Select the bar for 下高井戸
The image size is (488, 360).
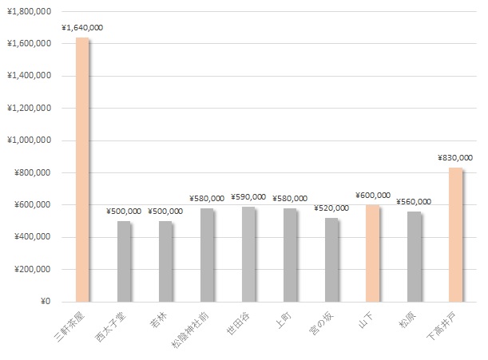454,235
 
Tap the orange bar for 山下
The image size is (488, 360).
371,253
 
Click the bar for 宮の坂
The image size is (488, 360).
331,259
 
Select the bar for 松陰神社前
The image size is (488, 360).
206,255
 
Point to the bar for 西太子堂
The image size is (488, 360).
123,261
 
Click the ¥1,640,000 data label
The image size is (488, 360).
81,28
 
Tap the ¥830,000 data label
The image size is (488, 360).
455,158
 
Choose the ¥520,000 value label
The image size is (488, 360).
331,208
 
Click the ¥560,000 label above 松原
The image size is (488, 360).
414,202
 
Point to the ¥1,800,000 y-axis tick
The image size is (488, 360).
29,11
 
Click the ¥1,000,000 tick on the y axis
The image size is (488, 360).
29,140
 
